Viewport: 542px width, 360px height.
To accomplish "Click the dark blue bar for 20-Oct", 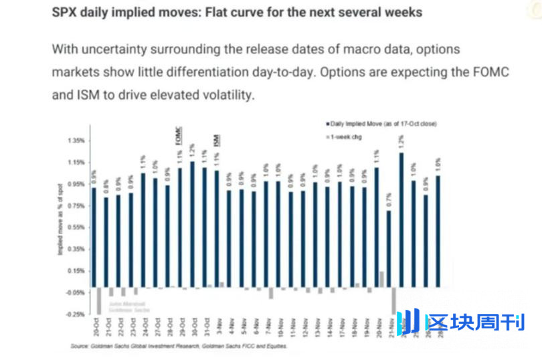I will click(94, 238).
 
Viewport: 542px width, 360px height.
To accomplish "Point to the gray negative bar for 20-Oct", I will click(99, 300).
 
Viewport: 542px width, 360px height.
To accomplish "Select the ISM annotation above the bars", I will click(217, 140).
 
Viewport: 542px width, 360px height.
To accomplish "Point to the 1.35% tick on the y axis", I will click(76, 141).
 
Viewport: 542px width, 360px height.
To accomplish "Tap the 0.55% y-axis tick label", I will click(76, 228).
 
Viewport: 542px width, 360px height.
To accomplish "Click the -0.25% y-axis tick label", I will click(76, 314).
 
